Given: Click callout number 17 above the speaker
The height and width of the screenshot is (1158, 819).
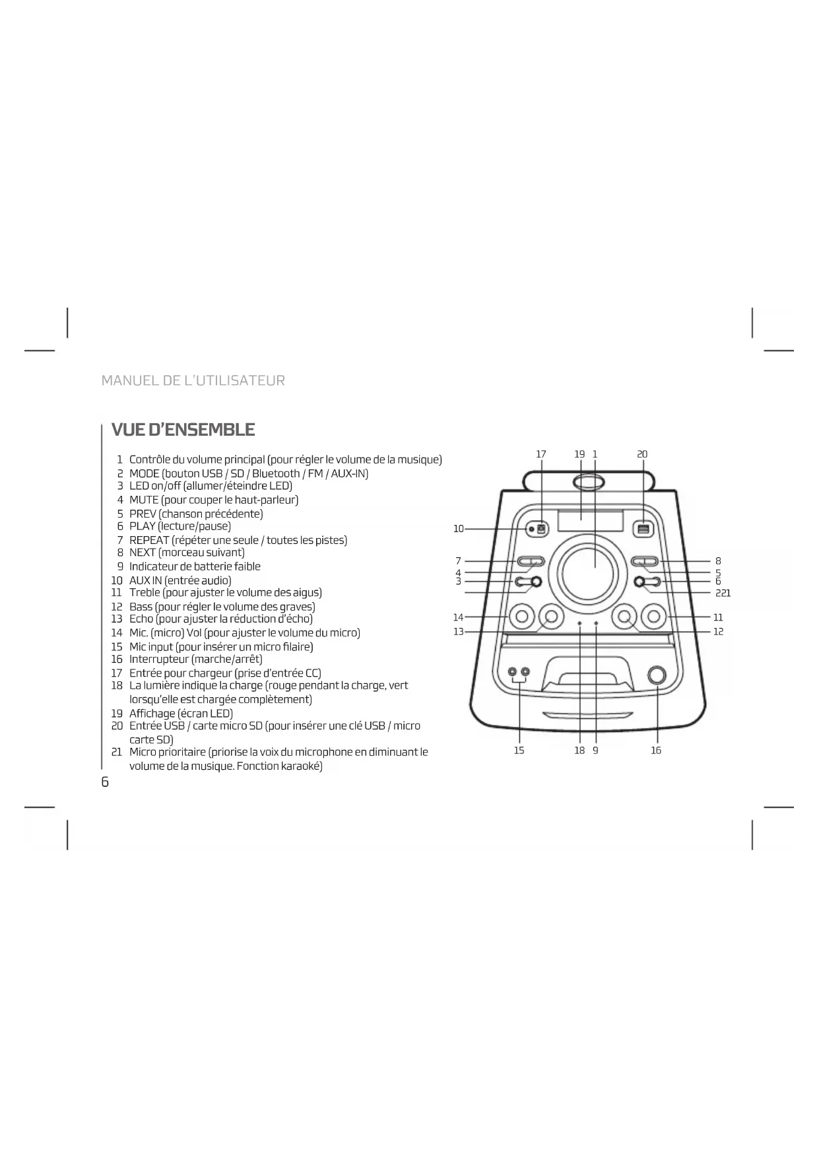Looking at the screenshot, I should (x=541, y=454).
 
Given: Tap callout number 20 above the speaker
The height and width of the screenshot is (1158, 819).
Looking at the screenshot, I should (x=642, y=454).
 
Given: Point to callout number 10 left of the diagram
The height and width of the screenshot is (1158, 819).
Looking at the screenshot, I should (x=459, y=529).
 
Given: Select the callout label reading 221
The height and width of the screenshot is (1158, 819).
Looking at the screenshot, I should (x=723, y=594).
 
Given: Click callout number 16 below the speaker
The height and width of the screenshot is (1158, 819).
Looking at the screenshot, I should (x=656, y=751).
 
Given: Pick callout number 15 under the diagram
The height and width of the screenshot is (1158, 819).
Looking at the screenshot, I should (x=519, y=751).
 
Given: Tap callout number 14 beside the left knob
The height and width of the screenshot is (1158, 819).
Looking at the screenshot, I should (x=459, y=617).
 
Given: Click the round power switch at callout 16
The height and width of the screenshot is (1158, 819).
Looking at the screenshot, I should (x=657, y=675).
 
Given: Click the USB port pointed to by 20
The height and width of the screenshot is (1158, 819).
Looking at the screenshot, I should (x=643, y=529).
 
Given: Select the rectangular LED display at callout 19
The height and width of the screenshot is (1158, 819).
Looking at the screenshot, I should (x=591, y=521).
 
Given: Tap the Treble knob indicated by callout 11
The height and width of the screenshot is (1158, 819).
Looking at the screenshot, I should (x=654, y=617).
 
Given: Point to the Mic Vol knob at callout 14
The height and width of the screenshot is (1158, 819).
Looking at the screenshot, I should (x=522, y=617).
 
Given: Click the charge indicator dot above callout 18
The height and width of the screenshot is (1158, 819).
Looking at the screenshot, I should (x=579, y=623).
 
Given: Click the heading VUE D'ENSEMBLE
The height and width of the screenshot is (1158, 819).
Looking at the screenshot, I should (x=183, y=430).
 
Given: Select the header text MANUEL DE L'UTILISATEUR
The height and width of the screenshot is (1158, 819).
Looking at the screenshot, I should (x=193, y=381).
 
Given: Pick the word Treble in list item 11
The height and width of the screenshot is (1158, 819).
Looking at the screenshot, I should (x=145, y=593).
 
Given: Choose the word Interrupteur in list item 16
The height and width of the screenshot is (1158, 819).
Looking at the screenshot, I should (x=158, y=659).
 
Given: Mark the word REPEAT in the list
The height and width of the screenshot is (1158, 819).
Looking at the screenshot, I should (x=149, y=540).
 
